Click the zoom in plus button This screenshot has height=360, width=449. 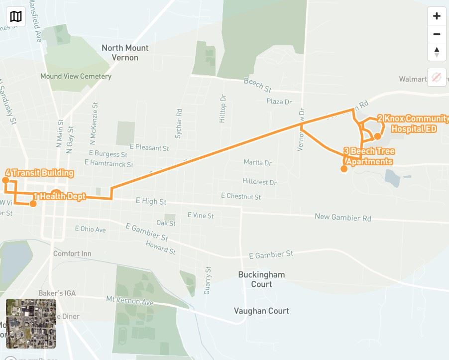click(437, 16)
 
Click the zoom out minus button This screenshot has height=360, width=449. click(437, 34)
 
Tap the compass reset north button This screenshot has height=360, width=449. click(437, 52)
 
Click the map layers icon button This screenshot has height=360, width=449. click(16, 16)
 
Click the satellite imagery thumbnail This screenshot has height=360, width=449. click(31, 324)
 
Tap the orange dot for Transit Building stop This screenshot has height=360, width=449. click(6, 180)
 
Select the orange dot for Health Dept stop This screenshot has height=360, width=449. click(33, 204)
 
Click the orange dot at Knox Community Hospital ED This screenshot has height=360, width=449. click(377, 136)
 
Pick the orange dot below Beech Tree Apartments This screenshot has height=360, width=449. click(343, 169)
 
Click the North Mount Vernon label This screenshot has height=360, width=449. click(125, 53)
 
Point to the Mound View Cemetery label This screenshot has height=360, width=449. click(76, 77)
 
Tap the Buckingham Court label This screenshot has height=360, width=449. click(261, 279)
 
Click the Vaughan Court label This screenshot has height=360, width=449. click(261, 311)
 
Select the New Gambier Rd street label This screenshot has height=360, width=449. click(342, 218)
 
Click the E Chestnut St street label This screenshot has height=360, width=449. click(241, 197)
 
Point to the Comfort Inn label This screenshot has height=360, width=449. click(72, 253)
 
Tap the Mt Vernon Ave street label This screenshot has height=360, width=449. click(130, 301)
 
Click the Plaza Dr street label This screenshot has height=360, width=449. click(279, 102)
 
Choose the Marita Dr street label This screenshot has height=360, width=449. click(257, 163)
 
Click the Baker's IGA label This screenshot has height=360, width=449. click(57, 293)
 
